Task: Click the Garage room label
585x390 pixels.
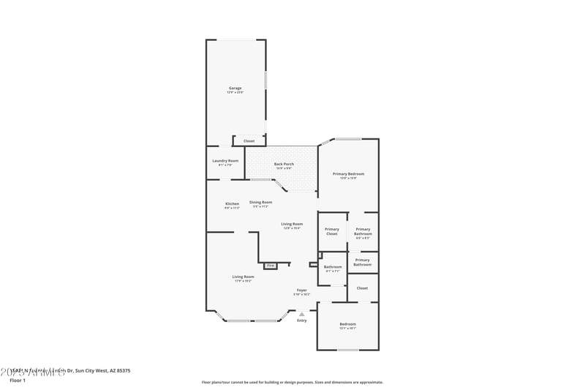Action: pos(235,89)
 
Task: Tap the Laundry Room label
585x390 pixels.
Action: pos(225,161)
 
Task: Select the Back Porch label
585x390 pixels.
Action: pos(284,165)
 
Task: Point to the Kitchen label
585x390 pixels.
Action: pos(232,204)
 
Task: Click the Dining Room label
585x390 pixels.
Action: pos(261,203)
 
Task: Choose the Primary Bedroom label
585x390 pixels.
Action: pos(348,174)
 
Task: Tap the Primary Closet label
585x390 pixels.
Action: pos(332,231)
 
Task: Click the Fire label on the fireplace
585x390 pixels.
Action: pos(270,265)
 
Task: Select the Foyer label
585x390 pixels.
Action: pos(301,290)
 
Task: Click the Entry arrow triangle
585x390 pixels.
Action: pos(301,314)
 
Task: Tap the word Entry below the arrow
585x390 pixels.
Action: pos(301,320)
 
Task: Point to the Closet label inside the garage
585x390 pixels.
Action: pos(249,140)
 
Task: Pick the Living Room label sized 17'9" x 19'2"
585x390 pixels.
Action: pos(243,277)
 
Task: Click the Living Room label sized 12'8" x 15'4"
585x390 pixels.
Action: pos(292,225)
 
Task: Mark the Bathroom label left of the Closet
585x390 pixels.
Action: pos(333,267)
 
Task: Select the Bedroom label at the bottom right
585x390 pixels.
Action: pos(347,325)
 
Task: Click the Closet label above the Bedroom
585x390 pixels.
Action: pos(362,288)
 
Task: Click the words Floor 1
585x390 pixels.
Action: pos(18,380)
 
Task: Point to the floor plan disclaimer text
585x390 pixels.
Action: pos(292,382)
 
